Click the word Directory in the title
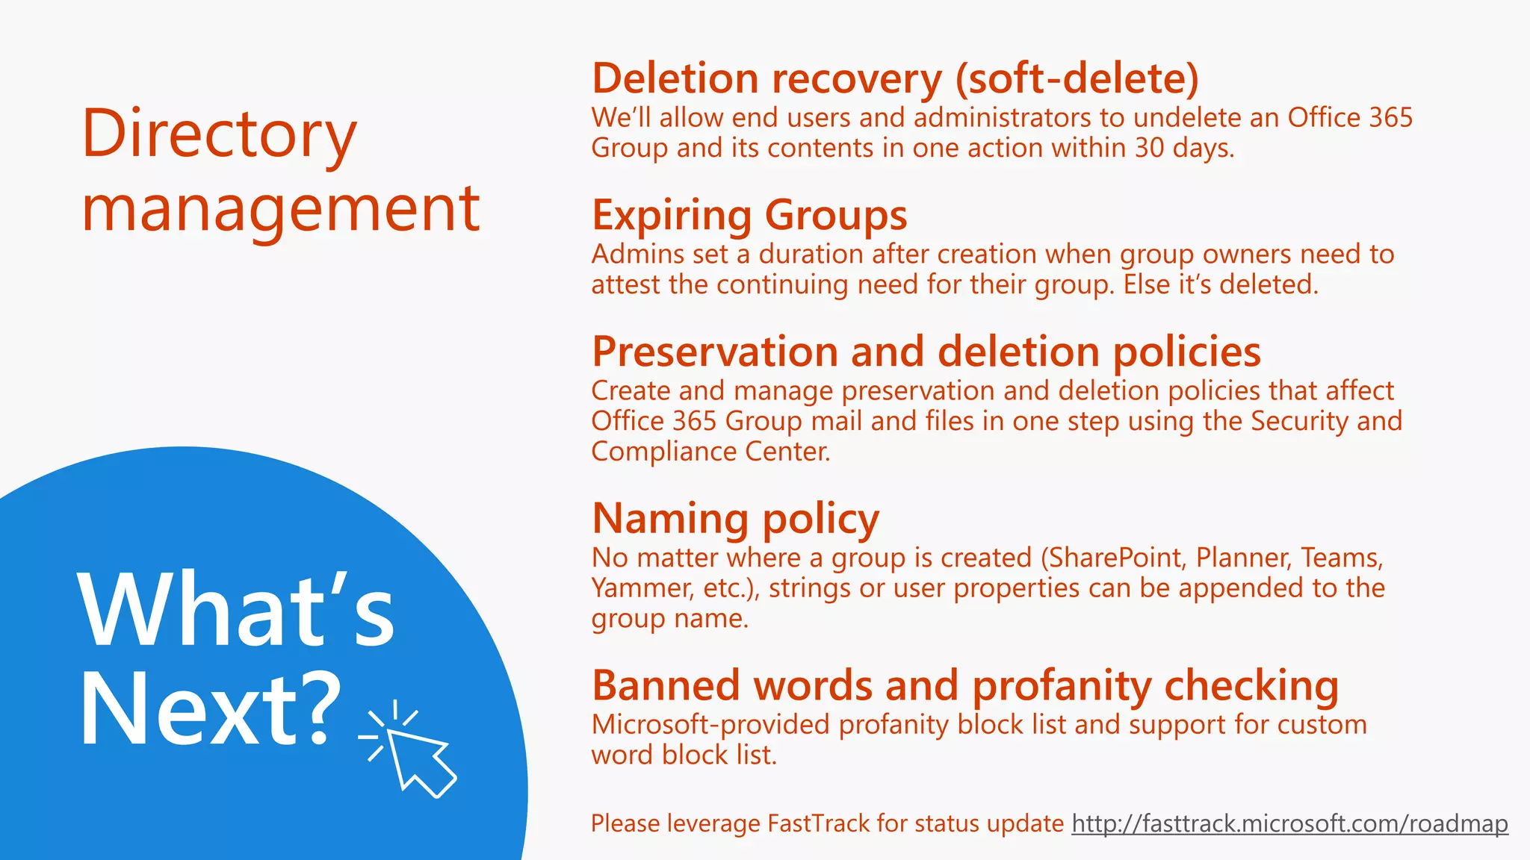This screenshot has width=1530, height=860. pos(219,134)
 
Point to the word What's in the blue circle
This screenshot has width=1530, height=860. pos(236,610)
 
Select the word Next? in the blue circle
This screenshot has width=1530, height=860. pos(209,709)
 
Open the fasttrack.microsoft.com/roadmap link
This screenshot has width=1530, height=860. pos(1289,823)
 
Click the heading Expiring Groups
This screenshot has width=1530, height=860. pos(749,215)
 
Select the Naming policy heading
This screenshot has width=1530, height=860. pos(735,519)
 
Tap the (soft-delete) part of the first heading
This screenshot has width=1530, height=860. pos(1077,78)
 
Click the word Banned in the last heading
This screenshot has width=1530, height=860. pos(668,685)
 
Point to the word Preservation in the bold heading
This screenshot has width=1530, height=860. pos(715,352)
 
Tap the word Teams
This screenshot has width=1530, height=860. pos(1342,558)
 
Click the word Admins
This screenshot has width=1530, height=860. pos(637,254)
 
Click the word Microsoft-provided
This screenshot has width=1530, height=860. pos(710,724)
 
